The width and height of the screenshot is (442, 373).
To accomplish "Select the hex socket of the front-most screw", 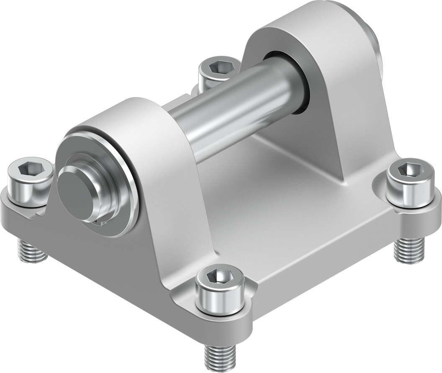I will pyautogui.click(x=220, y=276).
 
